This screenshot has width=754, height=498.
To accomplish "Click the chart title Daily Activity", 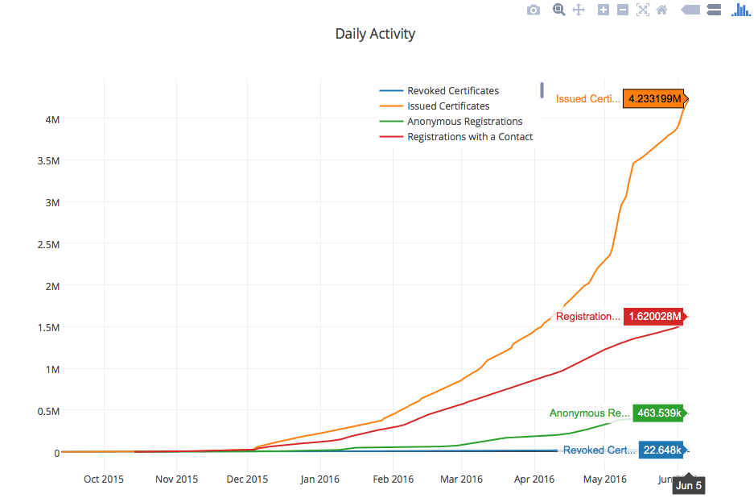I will click(x=375, y=34).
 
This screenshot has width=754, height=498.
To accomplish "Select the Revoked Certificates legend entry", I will click(x=452, y=91).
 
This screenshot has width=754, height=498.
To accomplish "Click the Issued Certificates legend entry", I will click(x=447, y=106).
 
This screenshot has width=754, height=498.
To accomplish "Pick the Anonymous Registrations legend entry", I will click(x=464, y=122).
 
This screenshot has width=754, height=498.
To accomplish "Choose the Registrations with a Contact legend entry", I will click(x=469, y=137).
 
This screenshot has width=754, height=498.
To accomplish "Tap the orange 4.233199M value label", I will click(x=653, y=99).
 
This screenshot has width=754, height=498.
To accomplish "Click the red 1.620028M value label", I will click(x=654, y=317).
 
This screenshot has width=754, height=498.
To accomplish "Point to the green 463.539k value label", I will click(x=657, y=413).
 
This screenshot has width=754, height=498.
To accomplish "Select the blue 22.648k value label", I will click(x=662, y=450).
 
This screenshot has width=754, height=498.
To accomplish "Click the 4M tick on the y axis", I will click(x=52, y=119).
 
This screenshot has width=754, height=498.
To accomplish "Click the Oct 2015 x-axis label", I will click(x=103, y=479).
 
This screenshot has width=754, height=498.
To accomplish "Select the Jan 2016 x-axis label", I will click(x=319, y=479).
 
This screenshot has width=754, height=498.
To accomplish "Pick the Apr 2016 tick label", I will click(x=534, y=479).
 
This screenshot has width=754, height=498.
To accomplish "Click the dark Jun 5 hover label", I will click(x=688, y=485).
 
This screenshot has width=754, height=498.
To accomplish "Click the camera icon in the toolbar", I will click(x=533, y=10).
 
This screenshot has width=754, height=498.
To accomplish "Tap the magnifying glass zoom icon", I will click(x=558, y=10).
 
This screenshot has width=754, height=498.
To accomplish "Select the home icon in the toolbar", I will click(x=661, y=10).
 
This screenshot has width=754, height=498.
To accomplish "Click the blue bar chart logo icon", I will click(x=740, y=10).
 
